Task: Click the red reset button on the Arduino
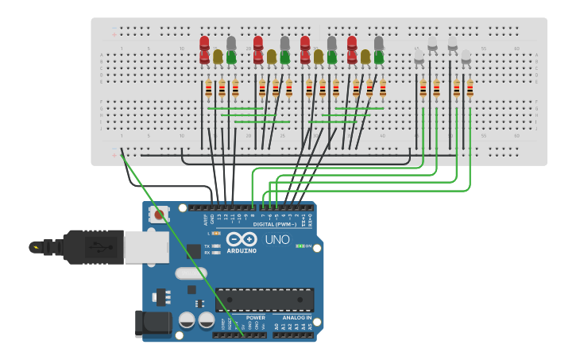[x=160, y=214]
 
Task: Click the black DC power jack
[x=152, y=324]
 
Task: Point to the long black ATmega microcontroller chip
[x=265, y=300]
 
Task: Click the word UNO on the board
[x=276, y=240]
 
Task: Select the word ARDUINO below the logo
[x=242, y=251]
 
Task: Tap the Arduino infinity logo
[x=241, y=239]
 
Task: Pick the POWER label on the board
[x=255, y=318]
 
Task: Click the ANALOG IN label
[x=298, y=318]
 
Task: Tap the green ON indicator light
[x=299, y=246]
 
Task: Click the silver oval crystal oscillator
[x=191, y=273]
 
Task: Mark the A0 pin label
[x=276, y=327]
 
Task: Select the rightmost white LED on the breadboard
[x=466, y=57]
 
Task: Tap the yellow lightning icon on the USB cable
[x=36, y=247]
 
